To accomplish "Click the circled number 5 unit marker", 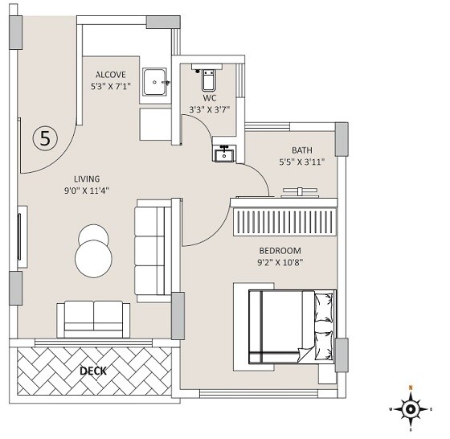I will click(45, 137).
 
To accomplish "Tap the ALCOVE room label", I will click(111, 75).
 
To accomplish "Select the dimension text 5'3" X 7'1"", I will click(111, 88).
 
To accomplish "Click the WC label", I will click(210, 97).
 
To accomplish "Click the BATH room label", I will click(302, 150).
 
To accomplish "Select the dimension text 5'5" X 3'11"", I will click(302, 162).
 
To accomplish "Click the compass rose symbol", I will click(411, 408).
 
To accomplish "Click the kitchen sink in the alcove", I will click(154, 80).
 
